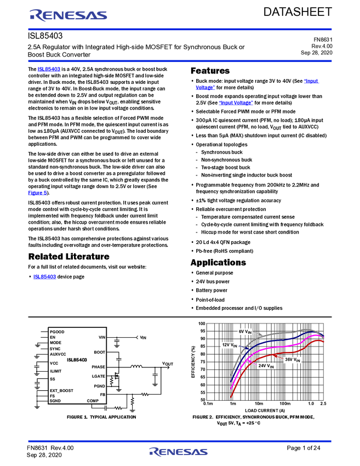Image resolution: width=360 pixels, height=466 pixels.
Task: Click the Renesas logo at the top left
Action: (x=68, y=15)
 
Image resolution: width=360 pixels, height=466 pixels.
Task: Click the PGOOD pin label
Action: (x=57, y=332)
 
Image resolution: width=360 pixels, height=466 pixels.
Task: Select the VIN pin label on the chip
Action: (x=102, y=337)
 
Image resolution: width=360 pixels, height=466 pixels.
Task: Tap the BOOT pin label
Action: (x=99, y=352)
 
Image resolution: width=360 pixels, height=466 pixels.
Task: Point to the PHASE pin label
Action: (x=98, y=367)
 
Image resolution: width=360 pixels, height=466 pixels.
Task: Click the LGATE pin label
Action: (x=98, y=377)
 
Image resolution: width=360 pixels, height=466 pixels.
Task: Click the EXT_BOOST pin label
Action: (x=61, y=390)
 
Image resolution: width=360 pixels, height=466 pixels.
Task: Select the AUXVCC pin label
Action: (x=58, y=354)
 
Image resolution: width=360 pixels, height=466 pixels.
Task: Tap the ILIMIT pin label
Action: (x=55, y=371)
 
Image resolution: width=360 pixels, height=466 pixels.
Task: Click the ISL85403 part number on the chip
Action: (x=77, y=360)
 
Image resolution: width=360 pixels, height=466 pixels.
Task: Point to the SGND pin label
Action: (x=55, y=401)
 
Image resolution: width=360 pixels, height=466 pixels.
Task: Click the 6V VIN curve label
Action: (x=245, y=332)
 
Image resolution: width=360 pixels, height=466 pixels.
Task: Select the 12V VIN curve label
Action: (x=230, y=345)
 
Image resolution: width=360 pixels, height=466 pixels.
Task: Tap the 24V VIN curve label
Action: (x=266, y=365)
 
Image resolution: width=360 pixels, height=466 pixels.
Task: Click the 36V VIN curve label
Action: (x=292, y=360)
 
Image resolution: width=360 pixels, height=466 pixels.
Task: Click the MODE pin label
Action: (x=55, y=343)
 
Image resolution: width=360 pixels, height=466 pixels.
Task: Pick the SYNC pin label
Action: (x=55, y=348)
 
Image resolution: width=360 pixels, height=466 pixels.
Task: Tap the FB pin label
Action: (x=102, y=394)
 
